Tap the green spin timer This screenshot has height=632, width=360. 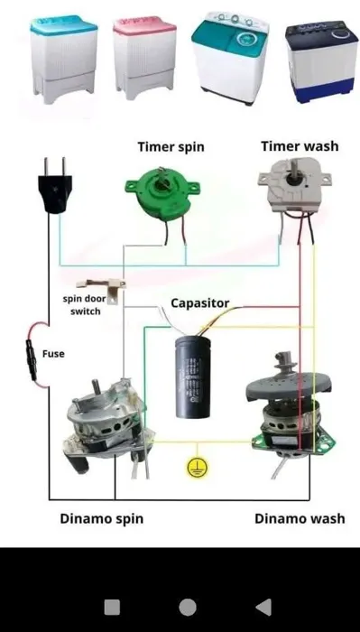(162, 196)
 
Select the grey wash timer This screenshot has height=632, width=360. (294, 186)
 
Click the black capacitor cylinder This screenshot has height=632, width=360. (192, 376)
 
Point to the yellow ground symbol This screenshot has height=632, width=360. (198, 468)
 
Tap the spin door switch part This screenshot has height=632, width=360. (103, 289)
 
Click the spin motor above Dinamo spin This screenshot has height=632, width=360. (108, 427)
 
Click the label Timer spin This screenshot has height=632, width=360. (171, 146)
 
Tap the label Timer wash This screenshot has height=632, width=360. (300, 146)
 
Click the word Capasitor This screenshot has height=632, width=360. (200, 303)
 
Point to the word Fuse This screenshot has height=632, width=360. (53, 354)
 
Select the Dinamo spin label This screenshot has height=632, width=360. (101, 518)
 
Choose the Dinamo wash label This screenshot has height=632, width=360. (300, 518)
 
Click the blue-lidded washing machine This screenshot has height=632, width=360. (64, 60)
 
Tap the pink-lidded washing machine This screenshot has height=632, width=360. (144, 59)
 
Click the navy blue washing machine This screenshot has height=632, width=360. (321, 61)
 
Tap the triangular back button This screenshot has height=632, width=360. (263, 607)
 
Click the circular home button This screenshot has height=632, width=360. (188, 607)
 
